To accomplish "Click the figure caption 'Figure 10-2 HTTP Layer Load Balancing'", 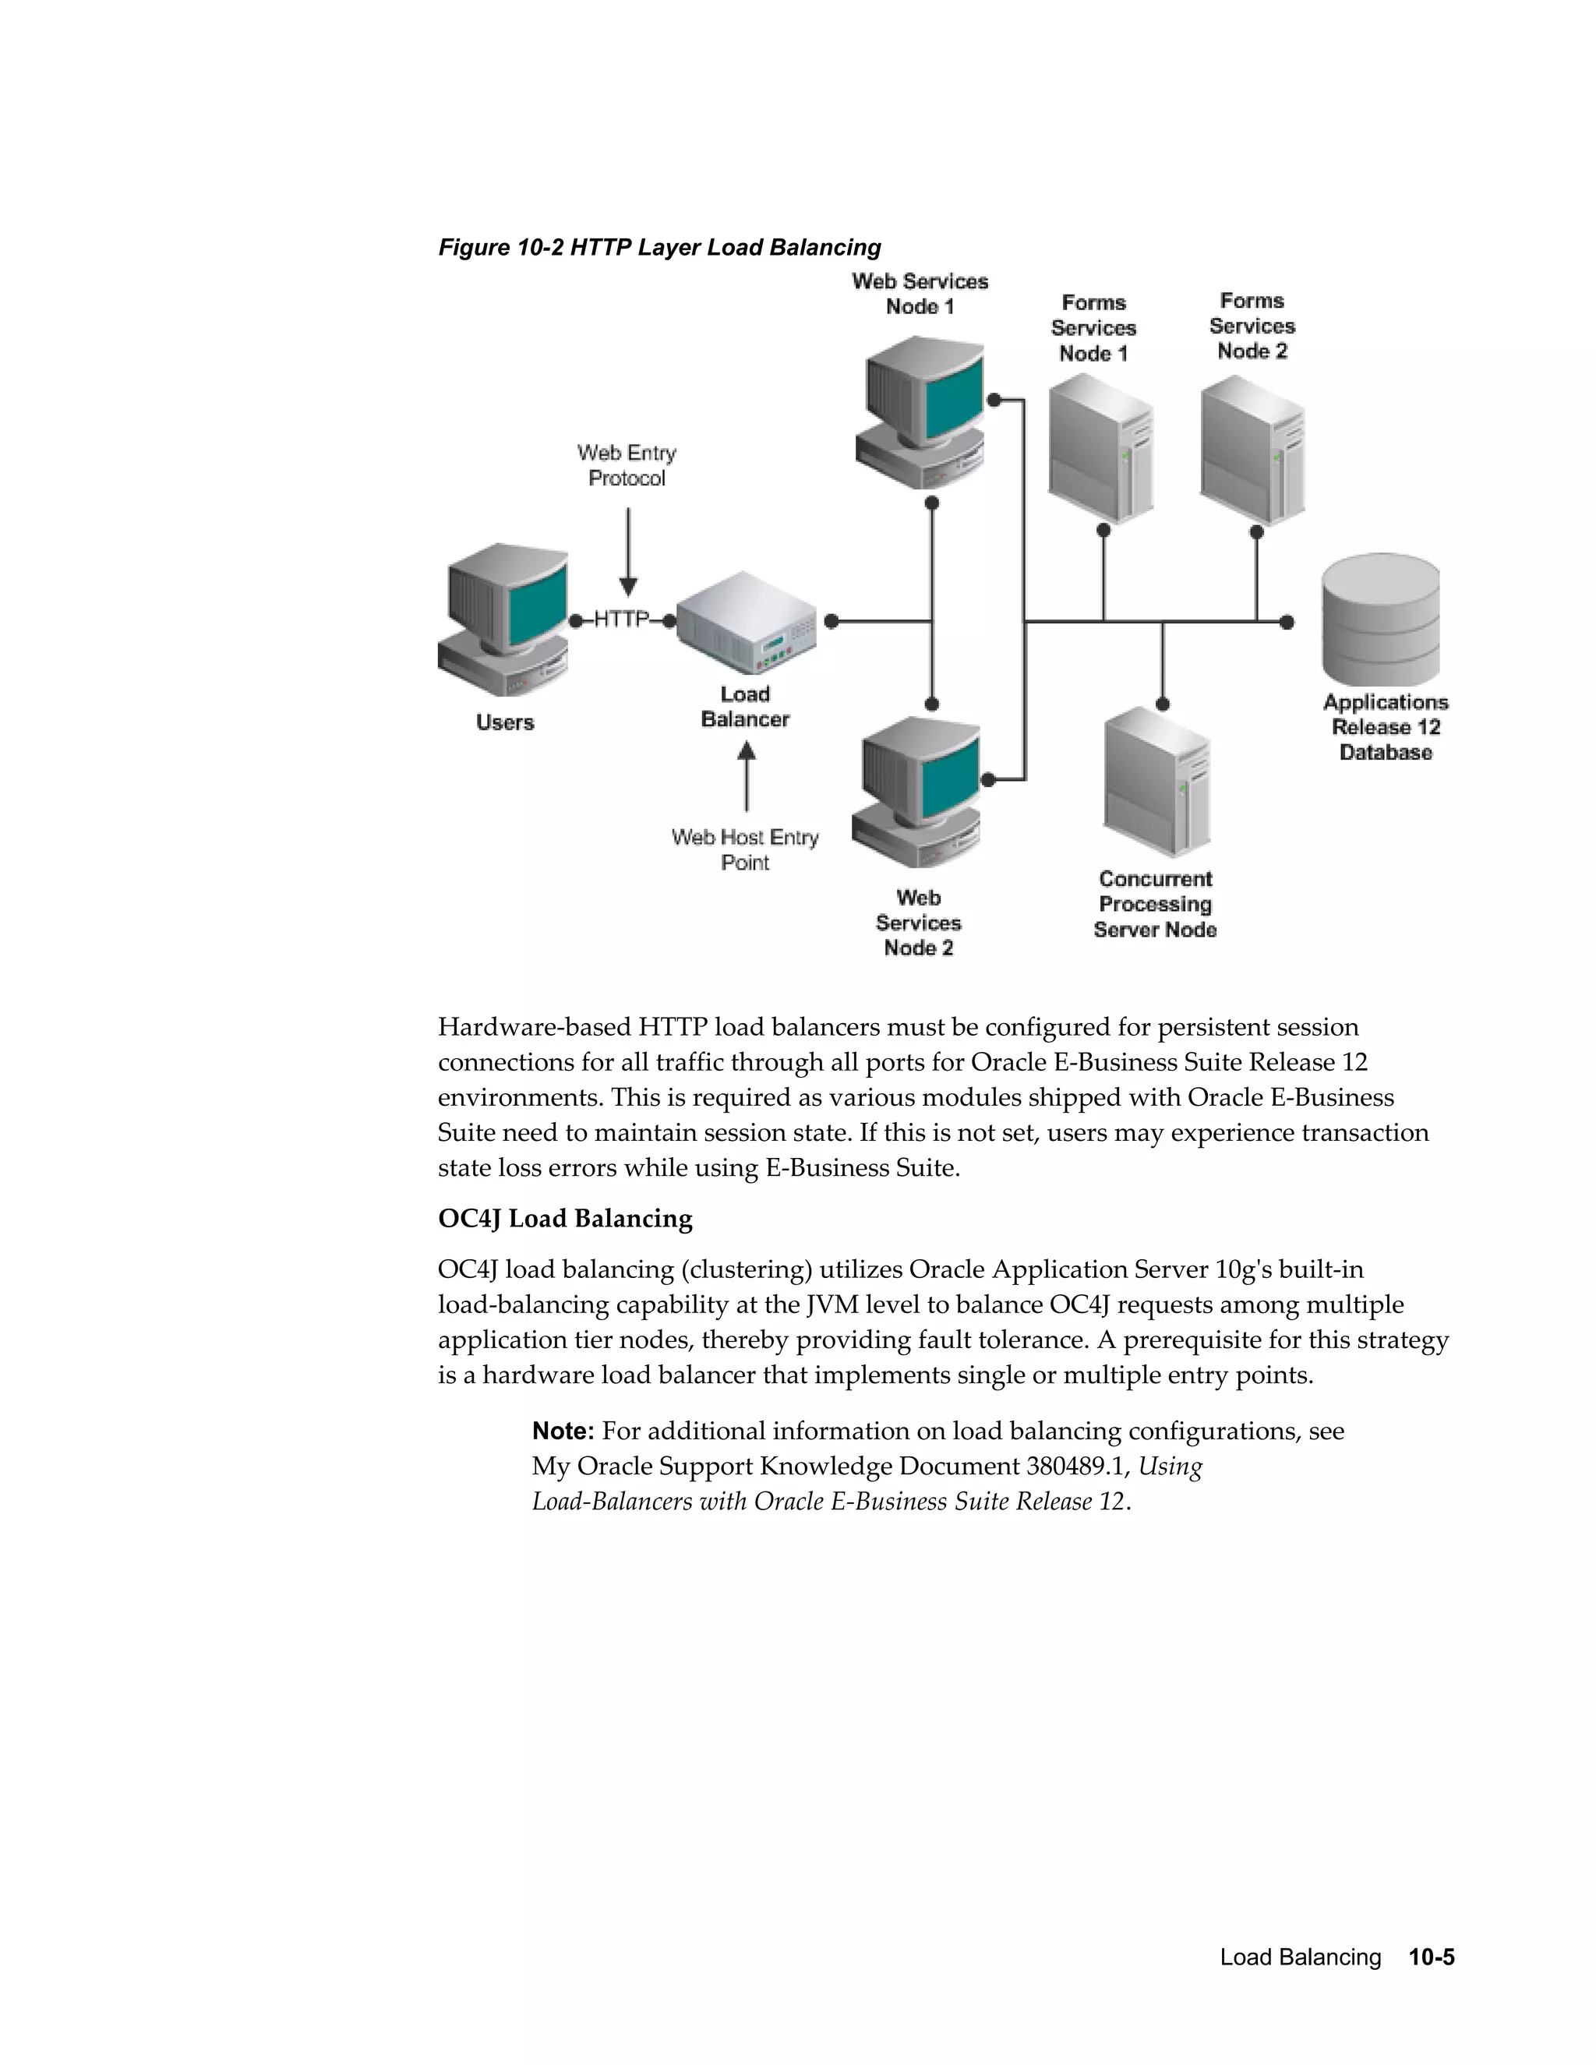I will [659, 248].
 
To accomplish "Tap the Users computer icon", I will [504, 619].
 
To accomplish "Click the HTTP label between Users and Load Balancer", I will [621, 620].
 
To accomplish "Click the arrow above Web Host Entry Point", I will [746, 776].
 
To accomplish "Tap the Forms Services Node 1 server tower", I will [1100, 448].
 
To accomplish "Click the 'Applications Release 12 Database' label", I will [1385, 727].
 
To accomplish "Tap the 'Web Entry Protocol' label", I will [627, 466].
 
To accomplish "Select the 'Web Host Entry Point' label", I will [745, 850].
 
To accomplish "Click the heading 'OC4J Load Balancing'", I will [564, 1219].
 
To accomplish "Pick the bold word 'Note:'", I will [563, 1431].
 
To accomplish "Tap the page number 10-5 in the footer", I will [1432, 1957].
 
